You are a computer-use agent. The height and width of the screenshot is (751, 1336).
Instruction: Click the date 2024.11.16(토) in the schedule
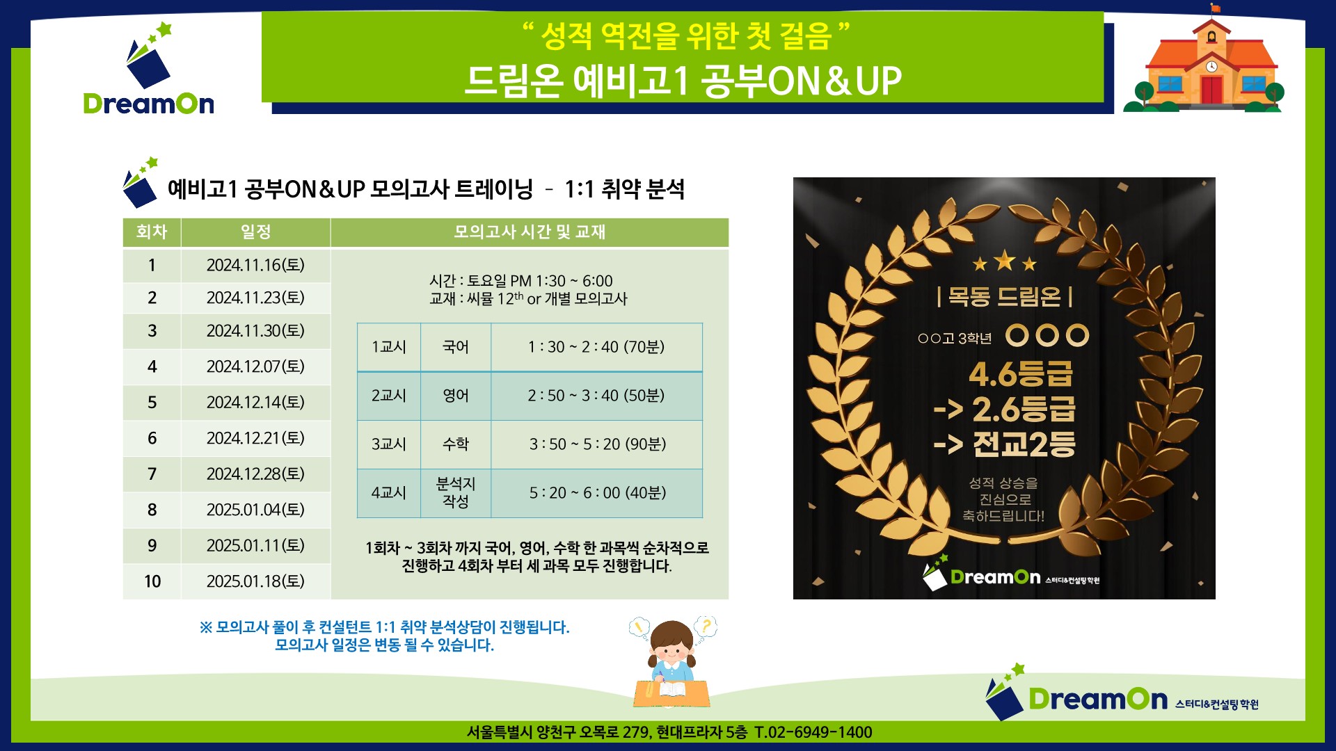255,265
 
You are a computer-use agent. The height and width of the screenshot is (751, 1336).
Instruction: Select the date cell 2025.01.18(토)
255,581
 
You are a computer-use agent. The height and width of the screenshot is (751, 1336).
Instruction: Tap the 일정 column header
255,232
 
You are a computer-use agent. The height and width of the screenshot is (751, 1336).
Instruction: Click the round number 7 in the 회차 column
152,474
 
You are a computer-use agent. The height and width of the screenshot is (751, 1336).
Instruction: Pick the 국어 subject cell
456,347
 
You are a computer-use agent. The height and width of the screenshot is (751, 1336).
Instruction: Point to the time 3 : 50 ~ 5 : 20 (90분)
598,444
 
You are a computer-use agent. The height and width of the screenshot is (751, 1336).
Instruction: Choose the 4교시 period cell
388,493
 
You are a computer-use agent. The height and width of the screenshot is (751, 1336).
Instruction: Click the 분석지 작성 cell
456,492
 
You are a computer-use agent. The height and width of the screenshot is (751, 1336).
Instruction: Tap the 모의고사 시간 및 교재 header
530,232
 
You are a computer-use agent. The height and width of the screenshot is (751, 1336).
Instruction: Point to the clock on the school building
1211,67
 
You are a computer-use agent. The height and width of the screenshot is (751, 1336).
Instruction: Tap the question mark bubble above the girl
706,626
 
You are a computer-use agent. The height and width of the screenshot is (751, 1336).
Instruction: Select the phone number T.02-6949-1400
813,732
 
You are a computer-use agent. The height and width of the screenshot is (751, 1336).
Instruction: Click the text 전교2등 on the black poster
1024,444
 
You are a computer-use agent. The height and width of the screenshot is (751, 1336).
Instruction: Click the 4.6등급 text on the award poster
1021,374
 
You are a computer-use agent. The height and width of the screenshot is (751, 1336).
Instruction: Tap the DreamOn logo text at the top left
149,104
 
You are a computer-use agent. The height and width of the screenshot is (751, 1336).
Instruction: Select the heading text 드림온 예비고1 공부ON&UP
683,81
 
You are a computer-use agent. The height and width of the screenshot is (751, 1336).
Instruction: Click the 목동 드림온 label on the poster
1005,297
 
